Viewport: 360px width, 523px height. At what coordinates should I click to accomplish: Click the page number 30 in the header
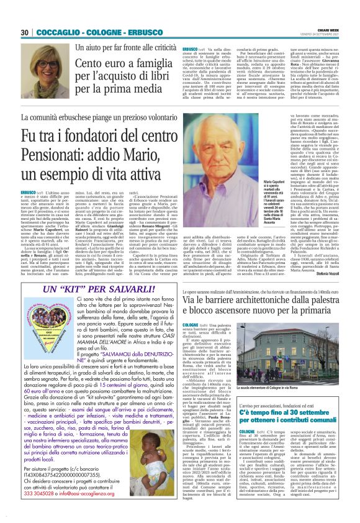[x=25, y=32]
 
